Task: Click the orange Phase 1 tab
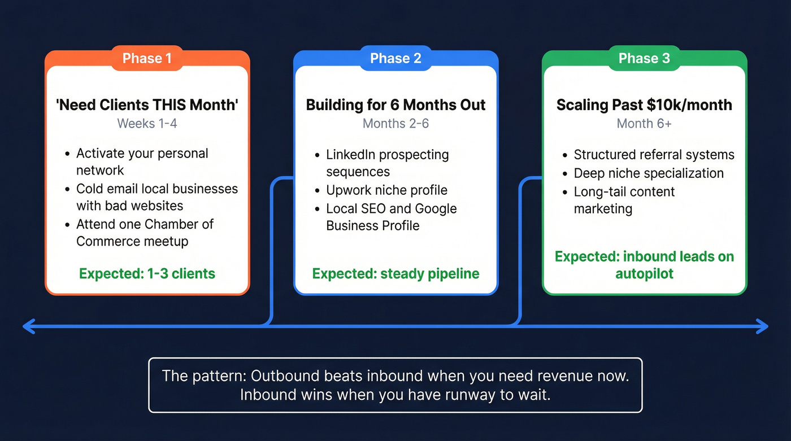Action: pos(147,59)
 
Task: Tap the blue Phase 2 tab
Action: pos(395,59)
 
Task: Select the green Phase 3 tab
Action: pos(644,59)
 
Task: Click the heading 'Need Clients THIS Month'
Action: pos(147,105)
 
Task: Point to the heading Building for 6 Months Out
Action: pos(395,105)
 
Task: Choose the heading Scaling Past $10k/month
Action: pos(644,105)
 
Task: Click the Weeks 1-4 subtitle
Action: pos(147,123)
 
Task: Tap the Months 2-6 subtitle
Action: pos(395,123)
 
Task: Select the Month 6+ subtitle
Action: pos(644,123)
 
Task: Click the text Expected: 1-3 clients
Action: pos(147,274)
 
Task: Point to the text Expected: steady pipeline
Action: pos(395,274)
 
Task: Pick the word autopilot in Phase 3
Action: pos(644,274)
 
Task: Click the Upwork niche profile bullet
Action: pos(386,190)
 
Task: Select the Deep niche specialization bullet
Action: pos(648,173)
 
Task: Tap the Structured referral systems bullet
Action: pos(654,155)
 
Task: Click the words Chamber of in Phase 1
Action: pos(180,224)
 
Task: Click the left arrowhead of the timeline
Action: pos(27,326)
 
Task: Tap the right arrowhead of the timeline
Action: pos(764,326)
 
